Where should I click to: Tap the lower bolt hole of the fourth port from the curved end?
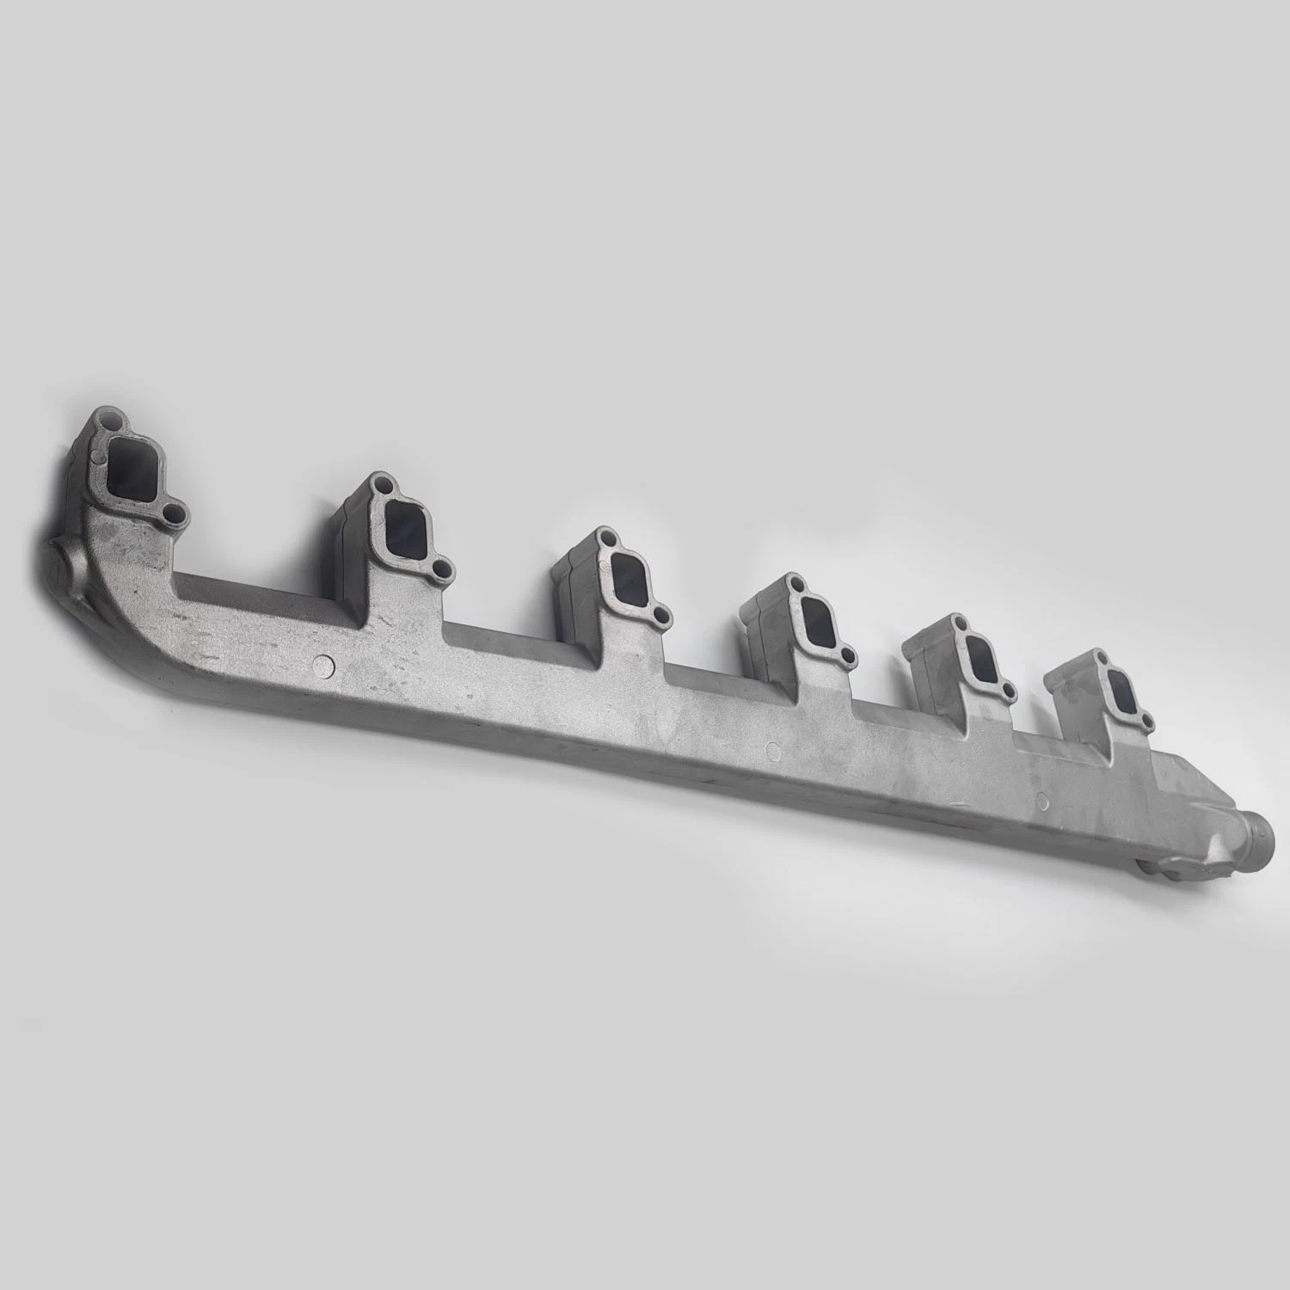pos(849,656)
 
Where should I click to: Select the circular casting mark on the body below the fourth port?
pos(771,750)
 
